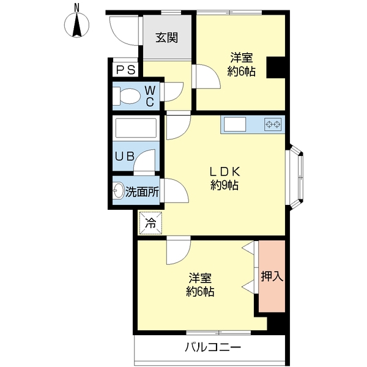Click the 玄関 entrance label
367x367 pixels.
pyautogui.click(x=166, y=38)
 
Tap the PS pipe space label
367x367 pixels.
pyautogui.click(x=125, y=70)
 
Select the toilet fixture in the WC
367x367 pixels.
pyautogui.click(x=126, y=96)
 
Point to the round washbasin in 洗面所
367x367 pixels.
pyautogui.click(x=119, y=191)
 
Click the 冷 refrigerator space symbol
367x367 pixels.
pyautogui.click(x=150, y=223)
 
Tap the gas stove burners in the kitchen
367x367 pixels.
pyautogui.click(x=273, y=124)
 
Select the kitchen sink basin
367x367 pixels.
pyautogui.click(x=235, y=124)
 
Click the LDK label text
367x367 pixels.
pyautogui.click(x=224, y=172)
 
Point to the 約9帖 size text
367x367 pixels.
pyautogui.click(x=224, y=185)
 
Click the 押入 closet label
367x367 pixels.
pyautogui.click(x=272, y=276)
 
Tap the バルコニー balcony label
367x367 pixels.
pyautogui.click(x=213, y=347)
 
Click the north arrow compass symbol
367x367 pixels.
pyautogui.click(x=76, y=24)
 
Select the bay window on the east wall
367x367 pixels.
pyautogui.click(x=294, y=177)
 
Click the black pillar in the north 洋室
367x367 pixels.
pyautogui.click(x=276, y=67)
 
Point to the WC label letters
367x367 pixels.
pyautogui.click(x=150, y=96)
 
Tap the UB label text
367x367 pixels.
pyautogui.click(x=125, y=156)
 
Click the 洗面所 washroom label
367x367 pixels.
pyautogui.click(x=143, y=192)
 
